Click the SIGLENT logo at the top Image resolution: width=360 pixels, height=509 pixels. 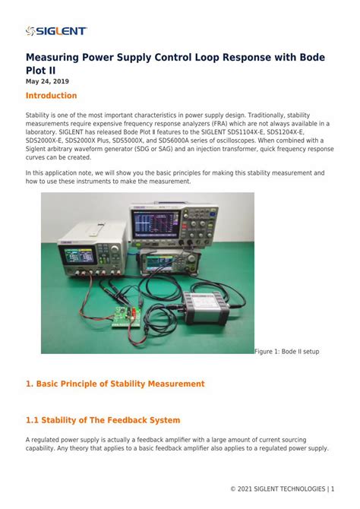(56, 31)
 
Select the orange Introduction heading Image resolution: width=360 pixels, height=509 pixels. (52, 96)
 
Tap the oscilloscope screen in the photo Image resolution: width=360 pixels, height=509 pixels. (155, 222)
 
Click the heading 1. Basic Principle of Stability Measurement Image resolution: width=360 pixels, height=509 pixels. (115, 384)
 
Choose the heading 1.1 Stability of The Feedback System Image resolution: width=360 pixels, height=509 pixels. (103, 420)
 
